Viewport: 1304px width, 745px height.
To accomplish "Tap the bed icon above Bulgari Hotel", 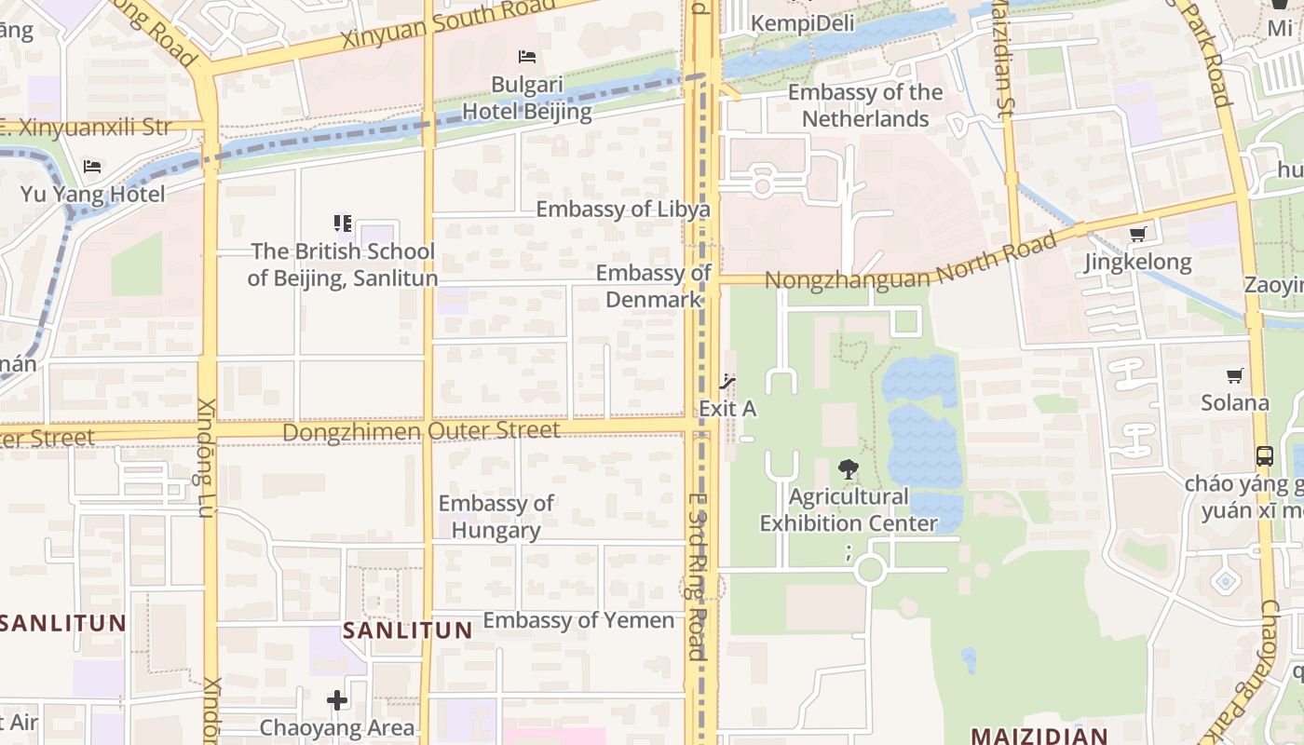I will coord(527,57).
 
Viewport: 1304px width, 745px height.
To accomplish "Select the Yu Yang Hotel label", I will coord(92,194).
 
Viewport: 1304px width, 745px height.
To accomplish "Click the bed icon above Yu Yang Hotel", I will coord(92,167).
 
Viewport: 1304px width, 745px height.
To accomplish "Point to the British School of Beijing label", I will coord(342,264).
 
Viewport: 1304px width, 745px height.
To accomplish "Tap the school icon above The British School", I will coord(343,223).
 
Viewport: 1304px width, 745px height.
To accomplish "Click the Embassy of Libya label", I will coord(622,209).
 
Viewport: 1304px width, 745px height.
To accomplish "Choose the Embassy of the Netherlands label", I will coord(865,105).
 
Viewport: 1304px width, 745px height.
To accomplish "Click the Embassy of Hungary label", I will coord(496,517).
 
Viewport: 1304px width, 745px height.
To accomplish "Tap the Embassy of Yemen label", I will coord(578,620).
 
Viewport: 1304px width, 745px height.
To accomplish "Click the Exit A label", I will coord(727,409).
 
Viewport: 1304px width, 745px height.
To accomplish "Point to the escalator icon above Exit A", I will coord(727,381).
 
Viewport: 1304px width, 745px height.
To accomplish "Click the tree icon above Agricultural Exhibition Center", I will coord(848,469).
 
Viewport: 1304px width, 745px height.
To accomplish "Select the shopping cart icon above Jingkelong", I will coord(1137,235).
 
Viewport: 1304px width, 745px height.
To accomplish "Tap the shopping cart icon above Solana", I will coord(1235,375).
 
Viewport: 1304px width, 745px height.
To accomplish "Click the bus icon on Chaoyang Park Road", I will coord(1264,456).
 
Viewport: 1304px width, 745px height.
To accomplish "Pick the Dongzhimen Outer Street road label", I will coord(421,431).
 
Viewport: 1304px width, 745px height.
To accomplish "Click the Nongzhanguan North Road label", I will coord(910,264).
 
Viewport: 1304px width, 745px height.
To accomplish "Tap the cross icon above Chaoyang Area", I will coord(337,699).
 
